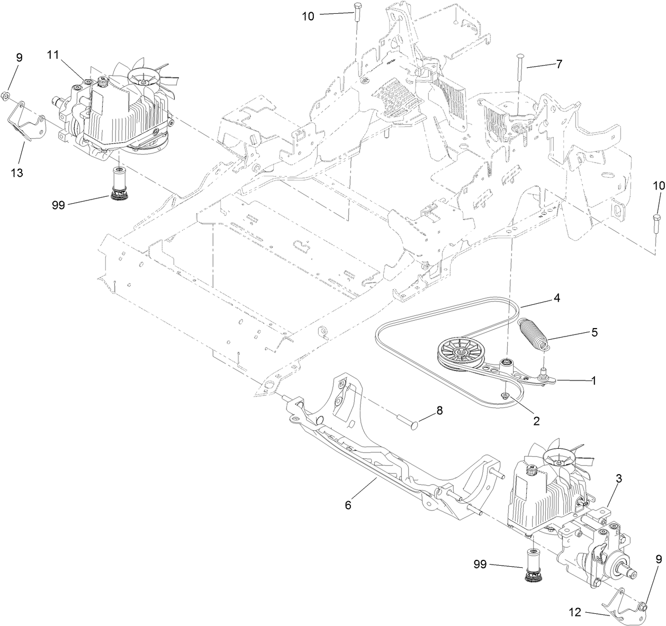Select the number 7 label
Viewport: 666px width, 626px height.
tap(559, 64)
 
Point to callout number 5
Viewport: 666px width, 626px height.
tap(595, 332)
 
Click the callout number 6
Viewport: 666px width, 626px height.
tap(348, 505)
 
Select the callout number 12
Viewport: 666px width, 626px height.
tap(575, 613)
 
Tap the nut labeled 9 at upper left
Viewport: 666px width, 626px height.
tap(15, 95)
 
